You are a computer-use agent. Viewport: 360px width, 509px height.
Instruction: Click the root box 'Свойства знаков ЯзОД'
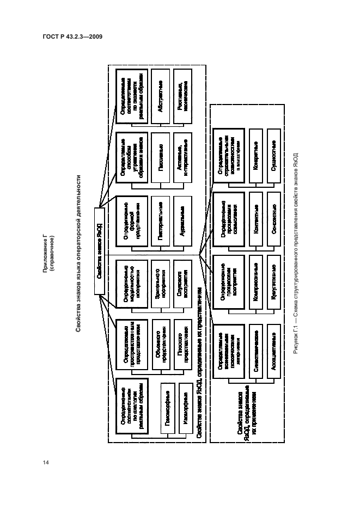pyautogui.click(x=100, y=253)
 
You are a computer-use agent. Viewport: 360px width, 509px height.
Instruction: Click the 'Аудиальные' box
pyautogui.click(x=183, y=222)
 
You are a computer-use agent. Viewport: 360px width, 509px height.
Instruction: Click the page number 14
pyautogui.click(x=46, y=462)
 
